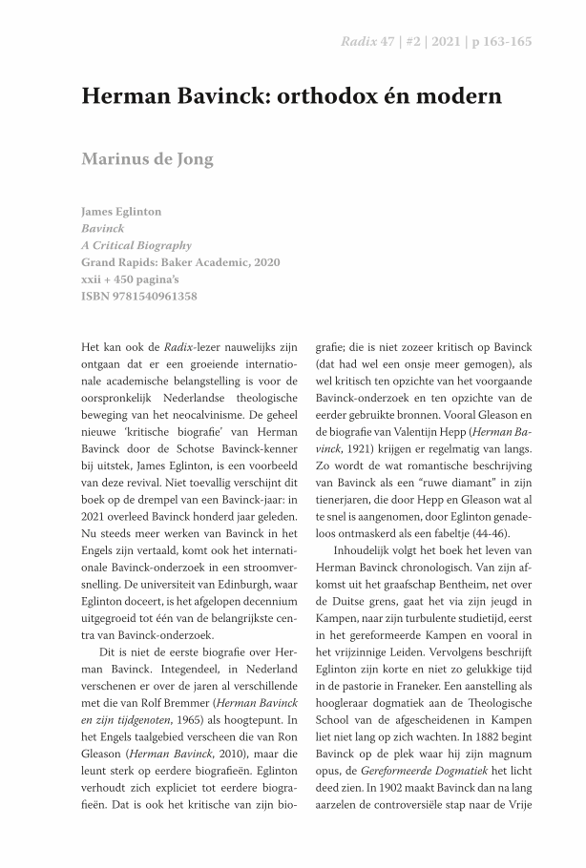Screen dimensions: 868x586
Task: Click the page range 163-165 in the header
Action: (509, 42)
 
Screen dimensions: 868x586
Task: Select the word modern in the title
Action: (457, 97)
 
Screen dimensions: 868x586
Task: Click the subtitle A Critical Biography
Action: (136, 245)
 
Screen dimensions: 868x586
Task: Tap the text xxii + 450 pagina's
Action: (131, 279)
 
